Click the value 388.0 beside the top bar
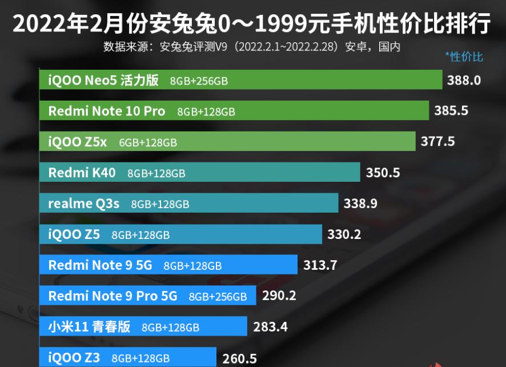pyautogui.click(x=464, y=80)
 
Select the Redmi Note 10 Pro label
pyautogui.click(x=106, y=111)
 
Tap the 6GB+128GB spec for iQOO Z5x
pyautogui.click(x=148, y=142)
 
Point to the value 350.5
pyautogui.click(x=383, y=173)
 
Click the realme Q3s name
pyautogui.click(x=84, y=204)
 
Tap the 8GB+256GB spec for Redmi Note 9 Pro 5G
pyautogui.click(x=218, y=297)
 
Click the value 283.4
pyautogui.click(x=270, y=327)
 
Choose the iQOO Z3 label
pyautogui.click(x=74, y=358)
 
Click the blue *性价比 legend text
pyautogui.click(x=464, y=57)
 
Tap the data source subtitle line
pyautogui.click(x=252, y=46)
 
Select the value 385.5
pyautogui.click(x=451, y=111)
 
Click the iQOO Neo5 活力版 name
pyautogui.click(x=103, y=80)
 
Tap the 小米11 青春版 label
pyautogui.click(x=89, y=327)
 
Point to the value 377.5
pyautogui.click(x=437, y=142)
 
